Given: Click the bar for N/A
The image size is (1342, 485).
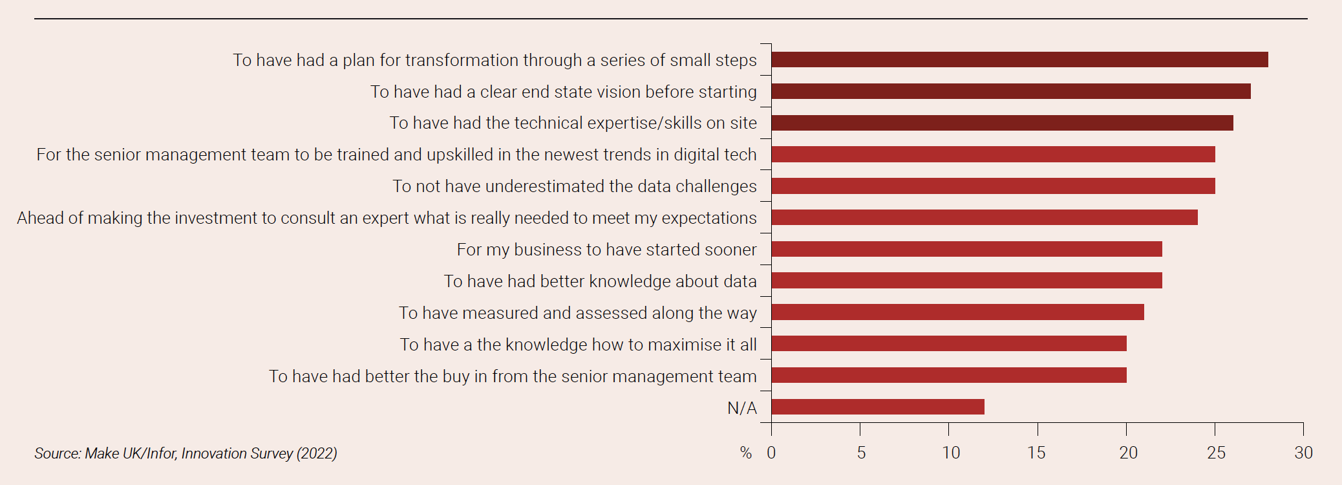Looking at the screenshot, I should [x=877, y=407].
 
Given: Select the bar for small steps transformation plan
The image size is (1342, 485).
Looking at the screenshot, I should [x=1019, y=59].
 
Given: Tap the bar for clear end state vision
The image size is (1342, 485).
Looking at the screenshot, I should [x=1010, y=91].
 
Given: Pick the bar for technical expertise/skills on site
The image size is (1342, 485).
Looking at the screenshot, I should [x=1002, y=123].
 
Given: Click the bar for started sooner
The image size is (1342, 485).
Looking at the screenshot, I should [x=966, y=249].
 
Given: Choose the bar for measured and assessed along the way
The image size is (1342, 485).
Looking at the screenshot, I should [x=957, y=312].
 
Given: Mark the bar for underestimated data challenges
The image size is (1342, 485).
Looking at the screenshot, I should [x=993, y=186].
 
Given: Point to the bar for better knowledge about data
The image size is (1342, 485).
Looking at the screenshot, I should [x=966, y=281].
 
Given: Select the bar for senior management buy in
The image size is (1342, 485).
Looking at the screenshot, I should [x=948, y=375].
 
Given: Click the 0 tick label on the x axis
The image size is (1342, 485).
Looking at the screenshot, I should [x=771, y=453].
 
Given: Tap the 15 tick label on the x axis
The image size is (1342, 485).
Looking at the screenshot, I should [x=1036, y=453].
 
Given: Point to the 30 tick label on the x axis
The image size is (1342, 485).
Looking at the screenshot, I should [x=1303, y=453].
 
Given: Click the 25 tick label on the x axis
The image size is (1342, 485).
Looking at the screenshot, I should [x=1216, y=453].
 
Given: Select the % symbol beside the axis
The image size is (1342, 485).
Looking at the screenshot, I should [x=746, y=453].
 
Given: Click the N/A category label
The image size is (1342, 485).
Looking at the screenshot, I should [x=741, y=408].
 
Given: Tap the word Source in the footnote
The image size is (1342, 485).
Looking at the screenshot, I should [x=57, y=453].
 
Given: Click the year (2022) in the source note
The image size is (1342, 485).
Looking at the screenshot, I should [x=317, y=453].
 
